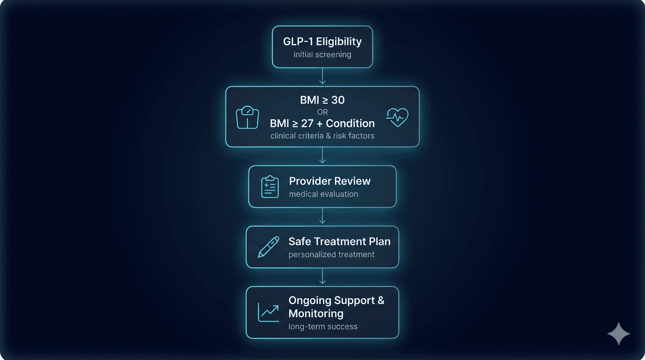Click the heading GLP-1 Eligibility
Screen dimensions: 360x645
322,41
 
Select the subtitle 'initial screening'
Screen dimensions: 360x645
322,54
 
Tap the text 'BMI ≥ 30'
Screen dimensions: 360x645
322,100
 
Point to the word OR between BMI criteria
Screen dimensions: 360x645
322,112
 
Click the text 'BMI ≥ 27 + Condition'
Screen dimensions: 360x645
322,124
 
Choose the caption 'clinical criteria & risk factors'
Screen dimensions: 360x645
322,136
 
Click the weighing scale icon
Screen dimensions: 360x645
247,118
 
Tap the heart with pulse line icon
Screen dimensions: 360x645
397,117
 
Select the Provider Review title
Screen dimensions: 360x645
330,181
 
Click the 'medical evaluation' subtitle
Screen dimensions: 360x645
323,194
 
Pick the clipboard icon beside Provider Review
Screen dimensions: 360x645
270,187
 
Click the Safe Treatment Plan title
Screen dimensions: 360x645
339,241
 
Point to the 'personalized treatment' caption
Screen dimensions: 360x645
331,255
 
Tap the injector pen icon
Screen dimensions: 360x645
268,247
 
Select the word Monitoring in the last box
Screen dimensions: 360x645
316,314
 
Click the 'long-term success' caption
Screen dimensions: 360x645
323,326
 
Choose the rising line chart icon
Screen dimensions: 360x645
268,313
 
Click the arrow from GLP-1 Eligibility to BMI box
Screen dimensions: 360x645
322,77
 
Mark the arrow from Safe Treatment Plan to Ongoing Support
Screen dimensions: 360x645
322,277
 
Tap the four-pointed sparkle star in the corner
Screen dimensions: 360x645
618,334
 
